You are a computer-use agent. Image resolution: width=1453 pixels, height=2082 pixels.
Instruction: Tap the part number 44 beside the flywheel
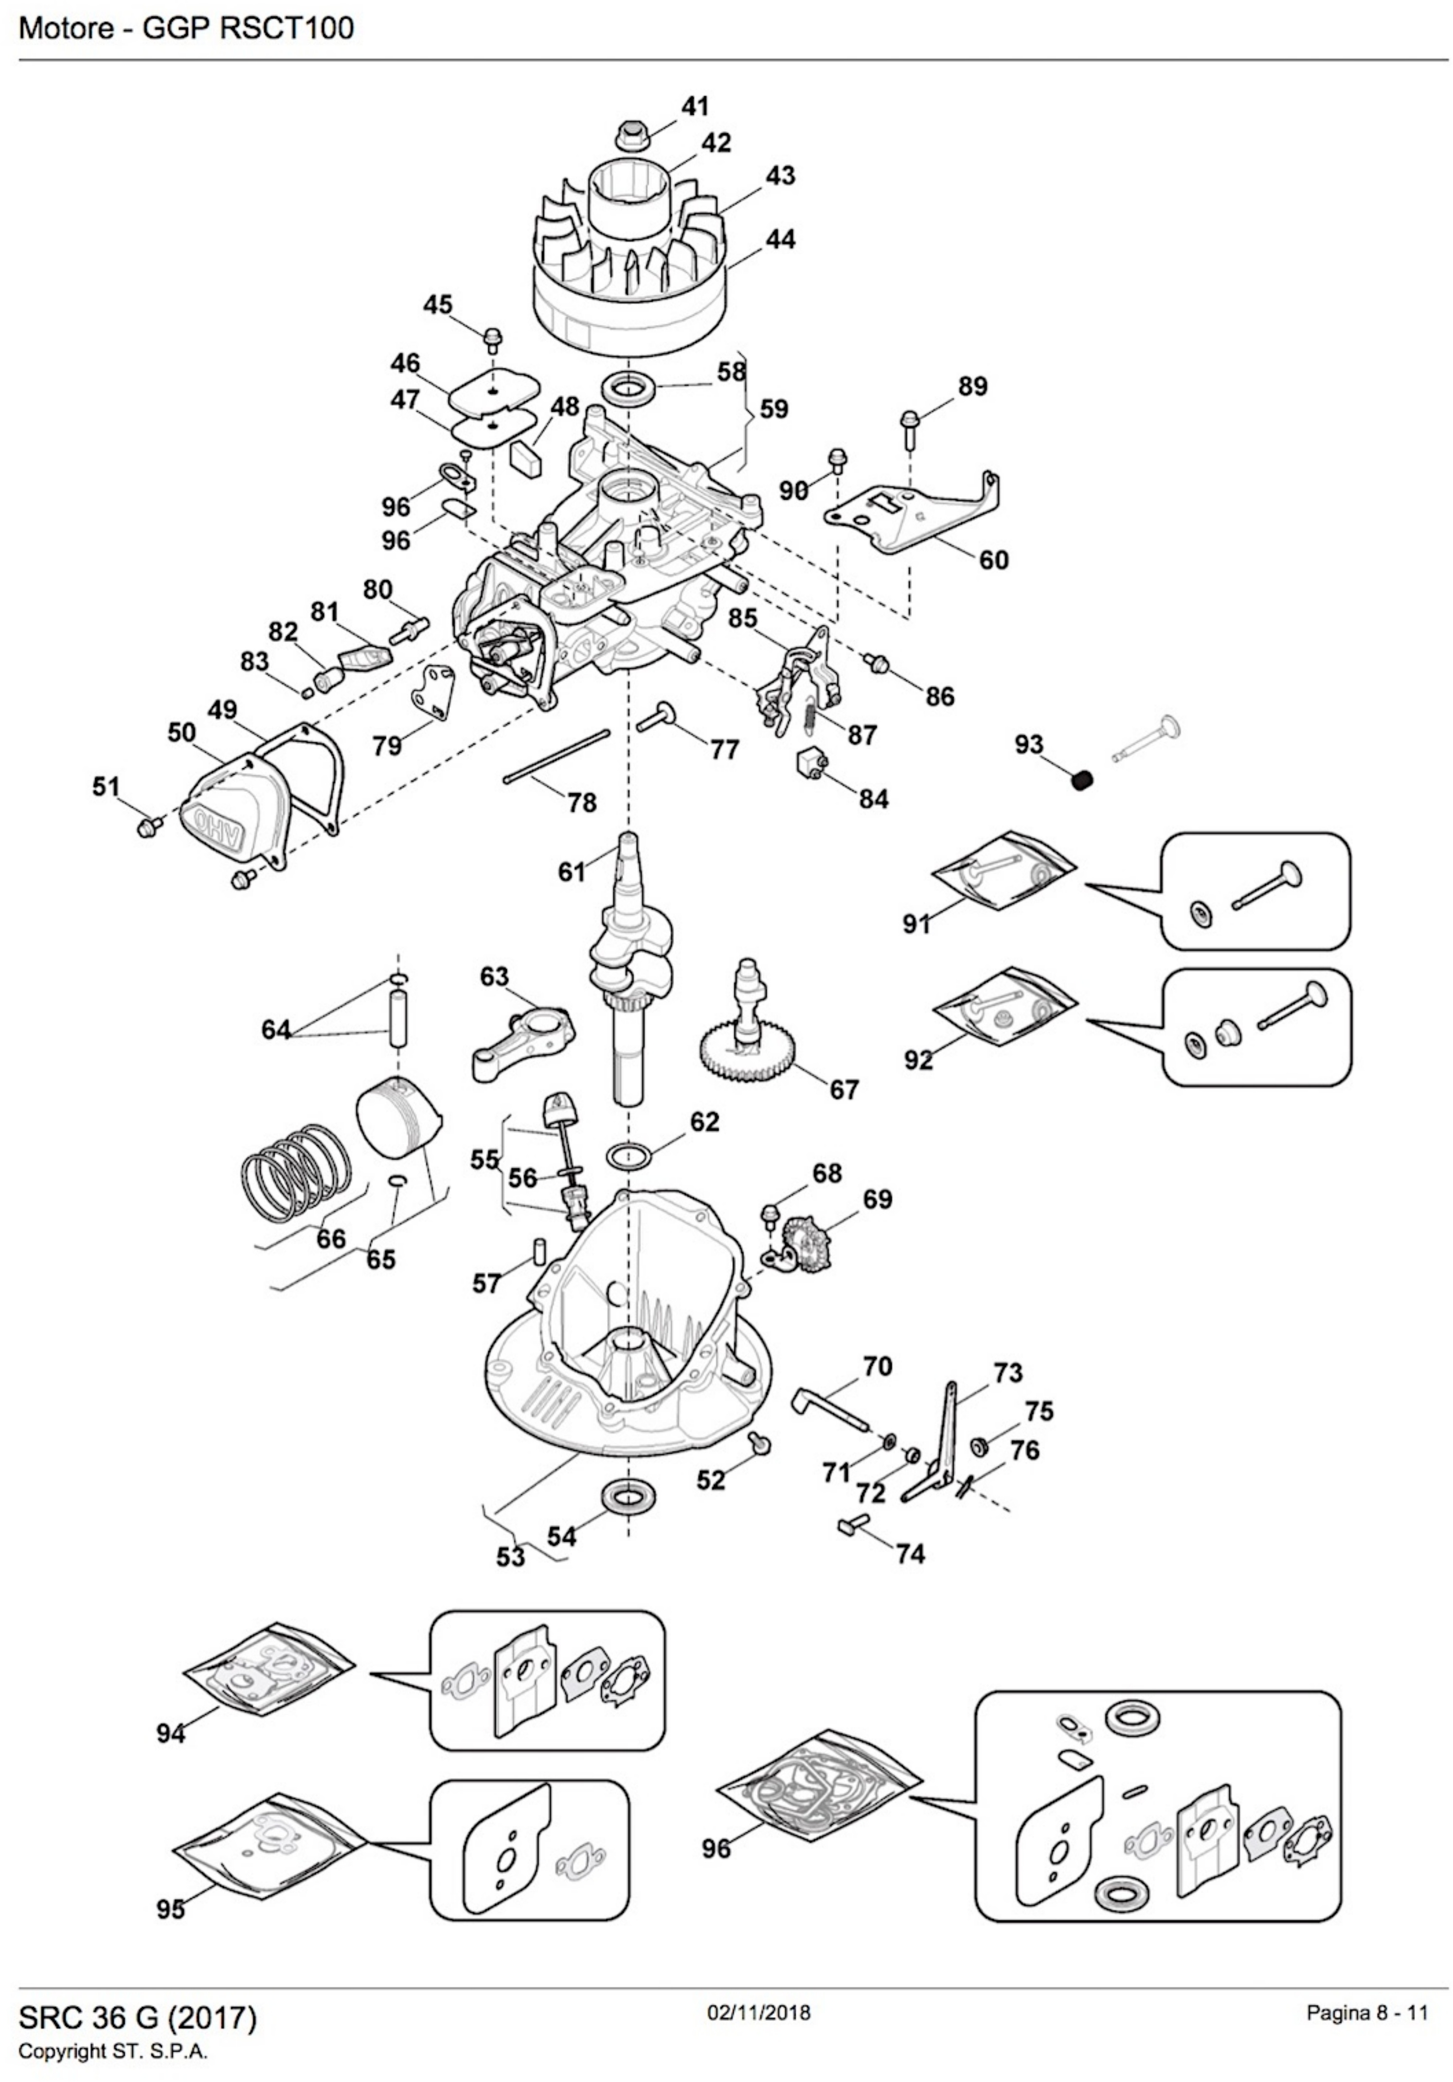pyautogui.click(x=780, y=239)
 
